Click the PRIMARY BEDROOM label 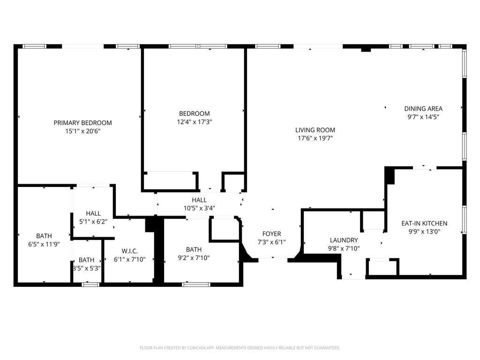tap(82, 123)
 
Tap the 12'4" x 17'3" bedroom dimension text tap(194, 122)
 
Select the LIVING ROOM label tap(315, 130)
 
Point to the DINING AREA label tap(423, 109)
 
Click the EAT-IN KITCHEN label tap(424, 224)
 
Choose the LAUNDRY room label tap(344, 240)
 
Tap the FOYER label tap(271, 234)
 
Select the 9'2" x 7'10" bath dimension tap(194, 258)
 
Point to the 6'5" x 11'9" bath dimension tap(44, 244)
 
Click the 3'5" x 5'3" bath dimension tap(86, 268)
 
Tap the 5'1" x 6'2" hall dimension tap(93, 222)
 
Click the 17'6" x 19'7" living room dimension tap(315, 138)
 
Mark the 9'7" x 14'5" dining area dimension tap(423, 117)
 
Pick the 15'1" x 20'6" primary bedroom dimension tap(82, 131)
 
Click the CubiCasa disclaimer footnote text tap(240, 348)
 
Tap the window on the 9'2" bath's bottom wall tap(196, 284)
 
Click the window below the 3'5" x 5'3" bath tap(90, 284)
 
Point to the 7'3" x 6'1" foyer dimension tap(271, 242)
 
